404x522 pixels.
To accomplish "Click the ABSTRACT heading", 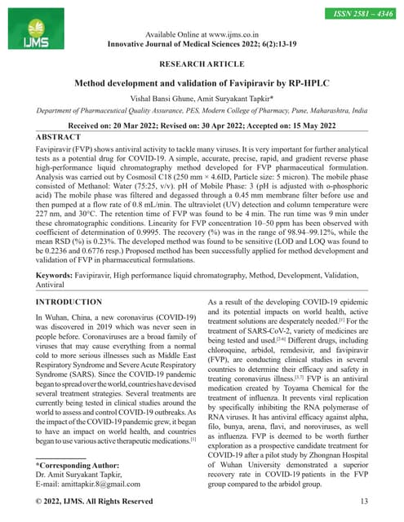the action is pos(64,138).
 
